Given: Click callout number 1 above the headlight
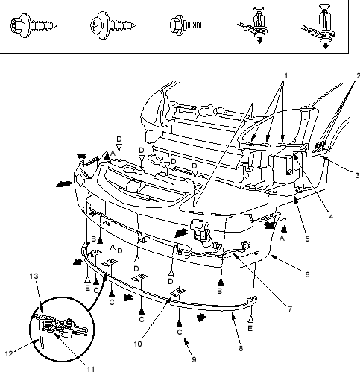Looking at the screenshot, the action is (x=286, y=75).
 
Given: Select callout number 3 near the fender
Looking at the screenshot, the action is (x=357, y=175).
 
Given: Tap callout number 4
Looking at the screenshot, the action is (x=331, y=217).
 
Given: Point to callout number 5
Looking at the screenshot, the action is (x=307, y=239).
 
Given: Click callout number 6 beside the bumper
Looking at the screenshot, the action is (x=307, y=274).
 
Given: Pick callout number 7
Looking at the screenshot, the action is (x=290, y=309).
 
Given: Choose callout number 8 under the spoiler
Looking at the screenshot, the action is (x=241, y=348).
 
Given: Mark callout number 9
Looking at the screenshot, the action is (x=194, y=359).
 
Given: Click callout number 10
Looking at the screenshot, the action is (x=138, y=344).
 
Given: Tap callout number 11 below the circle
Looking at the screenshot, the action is (x=91, y=370).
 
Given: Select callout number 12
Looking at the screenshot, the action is (x=9, y=353).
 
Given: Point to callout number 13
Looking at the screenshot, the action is (x=34, y=276).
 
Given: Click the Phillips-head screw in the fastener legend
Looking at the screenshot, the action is (x=113, y=25).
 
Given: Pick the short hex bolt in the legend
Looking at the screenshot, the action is (x=186, y=25).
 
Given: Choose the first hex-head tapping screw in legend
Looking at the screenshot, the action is (x=34, y=25).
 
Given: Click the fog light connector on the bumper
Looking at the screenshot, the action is (x=199, y=230).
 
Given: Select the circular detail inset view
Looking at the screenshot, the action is (x=62, y=330).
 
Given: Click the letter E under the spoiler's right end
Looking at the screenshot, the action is (x=250, y=328).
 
